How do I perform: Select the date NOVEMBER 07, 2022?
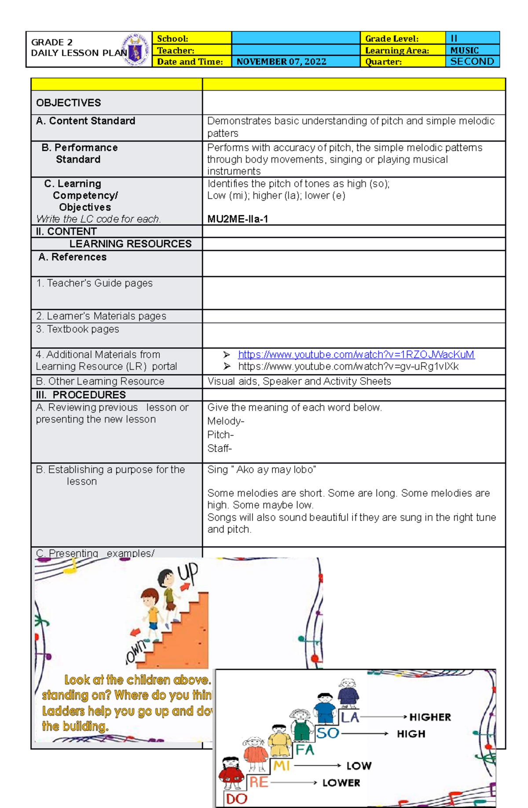[281, 62]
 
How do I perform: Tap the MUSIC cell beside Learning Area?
[465, 50]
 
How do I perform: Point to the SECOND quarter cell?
[472, 62]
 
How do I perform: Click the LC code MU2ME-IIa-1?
[238, 219]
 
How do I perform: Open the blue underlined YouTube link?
[356, 354]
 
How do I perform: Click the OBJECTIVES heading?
[69, 103]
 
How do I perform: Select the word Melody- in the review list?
[226, 421]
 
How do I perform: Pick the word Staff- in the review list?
[220, 449]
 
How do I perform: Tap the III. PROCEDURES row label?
[81, 395]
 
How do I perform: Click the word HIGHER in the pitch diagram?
[430, 717]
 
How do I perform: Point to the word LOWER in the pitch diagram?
[341, 783]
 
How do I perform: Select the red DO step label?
[236, 799]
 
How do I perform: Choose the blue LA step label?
[350, 718]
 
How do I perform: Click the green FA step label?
[305, 750]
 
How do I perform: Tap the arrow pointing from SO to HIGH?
[365, 734]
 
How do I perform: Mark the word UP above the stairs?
[188, 574]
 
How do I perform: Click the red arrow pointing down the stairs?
[135, 632]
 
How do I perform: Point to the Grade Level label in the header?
[392, 39]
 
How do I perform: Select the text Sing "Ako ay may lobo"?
[262, 470]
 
